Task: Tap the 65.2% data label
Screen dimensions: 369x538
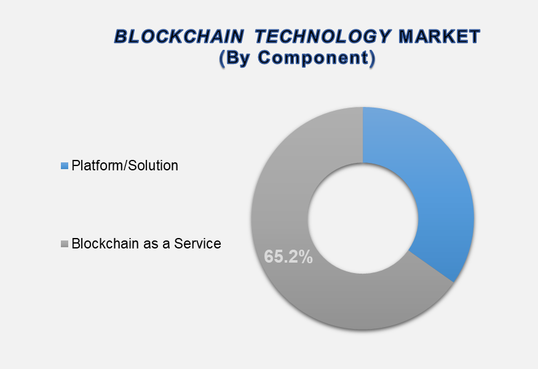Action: tap(288, 256)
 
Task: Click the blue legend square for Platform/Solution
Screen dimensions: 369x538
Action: tap(64, 166)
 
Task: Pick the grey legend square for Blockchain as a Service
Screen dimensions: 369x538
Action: tap(64, 244)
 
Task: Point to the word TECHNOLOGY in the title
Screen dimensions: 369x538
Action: tap(323, 37)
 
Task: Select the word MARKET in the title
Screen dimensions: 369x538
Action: tap(439, 37)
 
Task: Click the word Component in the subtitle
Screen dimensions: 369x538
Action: tap(312, 58)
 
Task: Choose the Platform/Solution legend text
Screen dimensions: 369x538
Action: tap(125, 165)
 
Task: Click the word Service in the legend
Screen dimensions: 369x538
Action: tap(197, 244)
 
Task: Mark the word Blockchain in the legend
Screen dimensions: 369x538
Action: tap(102, 244)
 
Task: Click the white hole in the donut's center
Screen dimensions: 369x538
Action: tap(363, 219)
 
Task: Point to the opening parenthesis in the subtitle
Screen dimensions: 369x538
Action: tap(223, 58)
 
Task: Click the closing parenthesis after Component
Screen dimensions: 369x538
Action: tap(371, 58)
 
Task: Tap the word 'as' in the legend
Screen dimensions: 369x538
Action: tap(146, 244)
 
